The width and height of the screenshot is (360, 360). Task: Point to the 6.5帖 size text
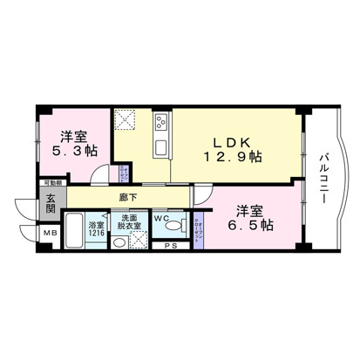(249, 225)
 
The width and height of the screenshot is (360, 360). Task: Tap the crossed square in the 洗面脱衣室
(138, 240)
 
